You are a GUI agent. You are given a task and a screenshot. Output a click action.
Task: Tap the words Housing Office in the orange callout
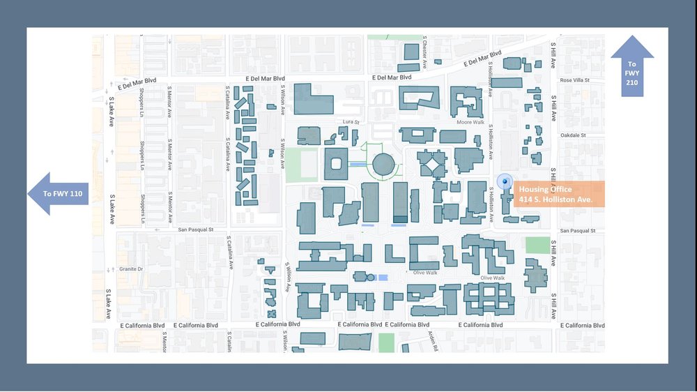(x=545, y=189)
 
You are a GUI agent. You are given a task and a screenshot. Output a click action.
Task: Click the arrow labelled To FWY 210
(x=632, y=66)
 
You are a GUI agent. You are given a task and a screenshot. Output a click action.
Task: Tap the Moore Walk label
(x=470, y=122)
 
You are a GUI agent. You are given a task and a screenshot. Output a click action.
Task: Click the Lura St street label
(x=349, y=121)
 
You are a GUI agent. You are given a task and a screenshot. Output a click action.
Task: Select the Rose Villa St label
(x=575, y=80)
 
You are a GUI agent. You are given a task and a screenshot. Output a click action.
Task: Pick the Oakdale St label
(x=574, y=135)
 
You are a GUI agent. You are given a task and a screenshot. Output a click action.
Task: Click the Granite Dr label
(x=130, y=269)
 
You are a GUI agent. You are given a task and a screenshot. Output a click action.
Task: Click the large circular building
(x=383, y=165)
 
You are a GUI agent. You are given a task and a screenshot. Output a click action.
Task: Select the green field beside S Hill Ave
(x=537, y=245)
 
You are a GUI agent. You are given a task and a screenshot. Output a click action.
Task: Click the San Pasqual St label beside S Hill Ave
(x=578, y=230)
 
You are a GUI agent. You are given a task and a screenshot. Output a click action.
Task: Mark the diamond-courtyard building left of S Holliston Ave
(x=432, y=165)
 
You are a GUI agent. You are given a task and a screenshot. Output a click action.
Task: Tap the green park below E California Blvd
(x=386, y=342)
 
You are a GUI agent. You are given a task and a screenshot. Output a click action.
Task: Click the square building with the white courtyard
(x=336, y=164)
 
